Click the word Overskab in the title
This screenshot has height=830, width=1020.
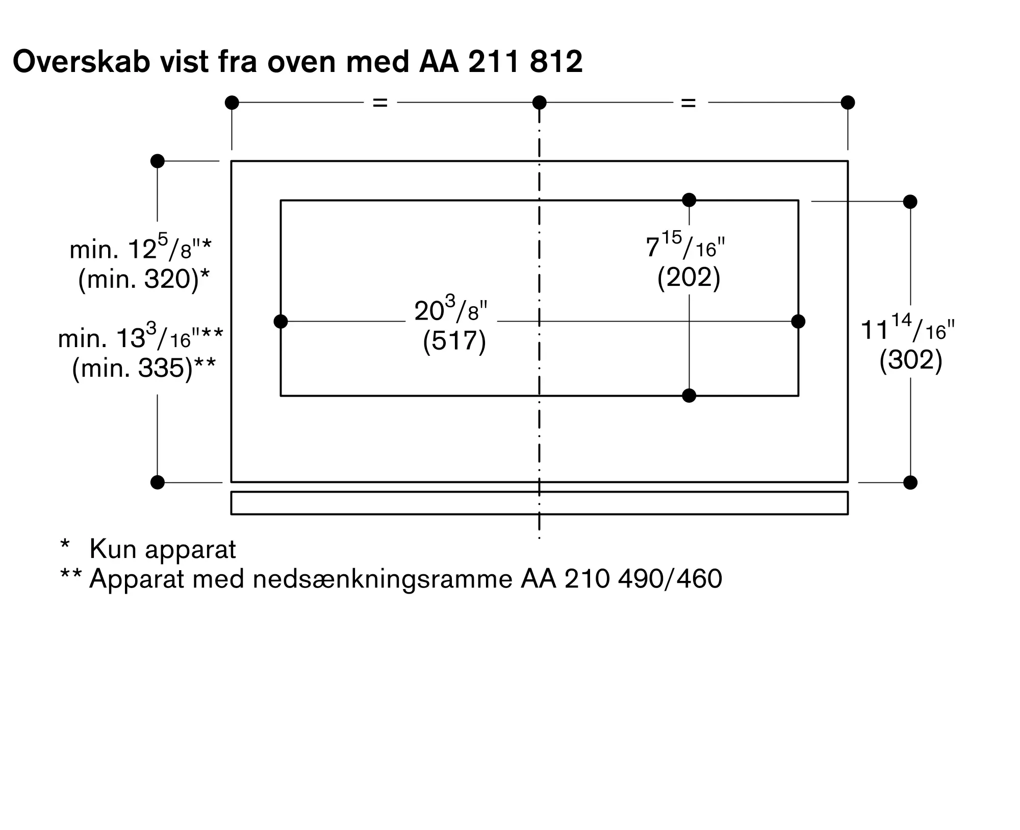pyautogui.click(x=82, y=62)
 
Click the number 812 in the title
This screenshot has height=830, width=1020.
pyautogui.click(x=556, y=62)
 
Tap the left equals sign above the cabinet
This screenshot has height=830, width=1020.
pyautogui.click(x=380, y=103)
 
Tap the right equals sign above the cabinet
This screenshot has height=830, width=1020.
pyautogui.click(x=688, y=103)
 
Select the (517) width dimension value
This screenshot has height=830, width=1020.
pyautogui.click(x=454, y=341)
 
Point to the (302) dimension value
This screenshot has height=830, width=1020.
pyautogui.click(x=910, y=360)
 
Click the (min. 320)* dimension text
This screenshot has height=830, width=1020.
pyautogui.click(x=144, y=279)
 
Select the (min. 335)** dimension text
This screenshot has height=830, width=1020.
pyautogui.click(x=144, y=368)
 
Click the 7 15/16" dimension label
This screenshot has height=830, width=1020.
pyautogui.click(x=685, y=246)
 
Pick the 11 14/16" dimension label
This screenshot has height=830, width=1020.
pyautogui.click(x=907, y=328)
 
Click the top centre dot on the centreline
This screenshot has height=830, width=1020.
pyautogui.click(x=539, y=103)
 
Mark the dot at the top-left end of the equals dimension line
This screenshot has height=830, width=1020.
pyautogui.click(x=232, y=103)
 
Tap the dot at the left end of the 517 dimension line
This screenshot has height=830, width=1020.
pyautogui.click(x=280, y=322)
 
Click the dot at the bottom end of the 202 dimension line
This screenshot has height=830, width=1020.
pyautogui.click(x=689, y=396)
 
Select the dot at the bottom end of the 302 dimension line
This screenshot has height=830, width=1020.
pyautogui.click(x=910, y=482)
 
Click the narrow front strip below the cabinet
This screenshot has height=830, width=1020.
pyautogui.click(x=539, y=503)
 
